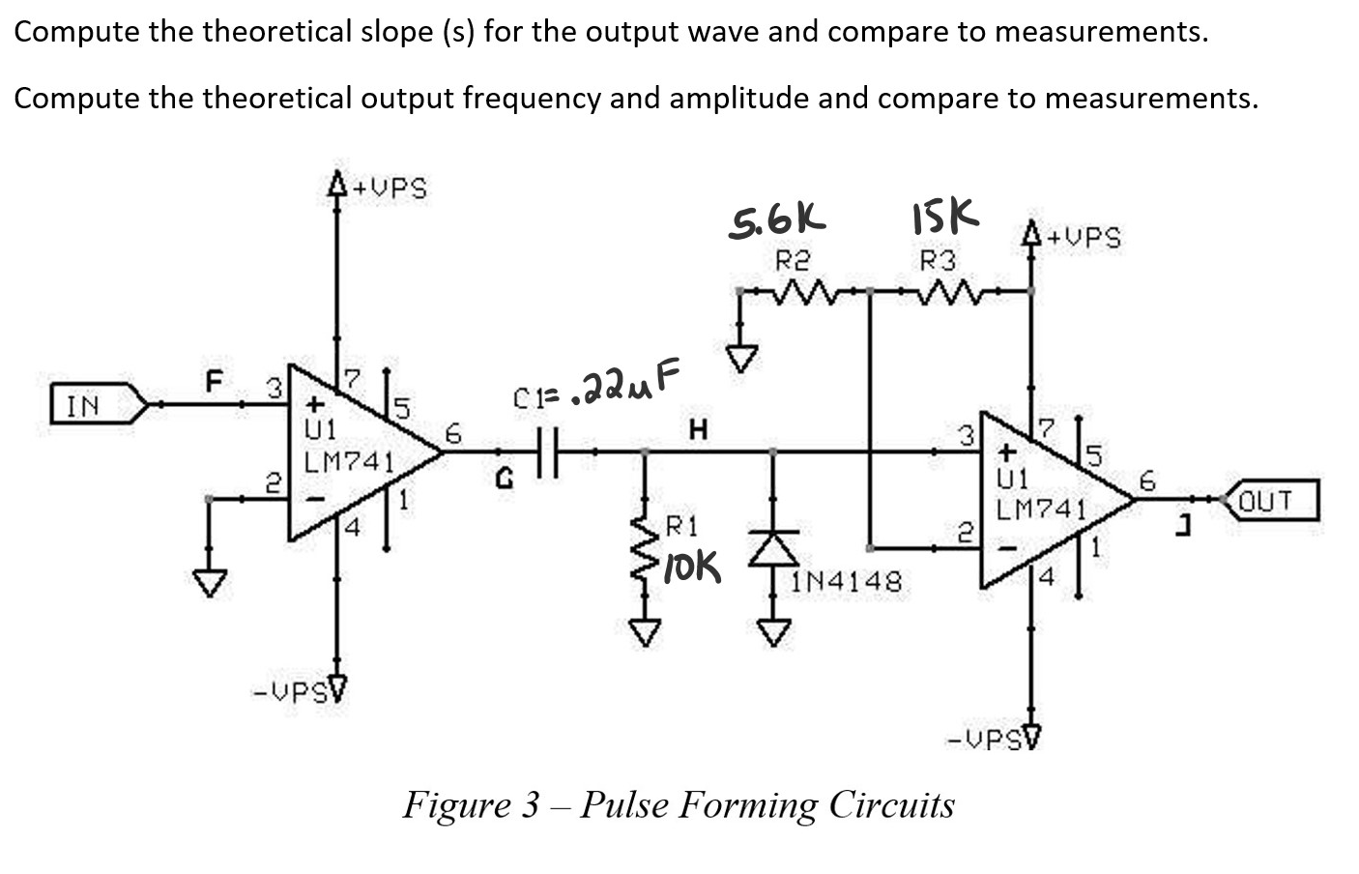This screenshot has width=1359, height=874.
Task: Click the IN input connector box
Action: pos(92,405)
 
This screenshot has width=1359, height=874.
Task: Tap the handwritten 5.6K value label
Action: pos(777,221)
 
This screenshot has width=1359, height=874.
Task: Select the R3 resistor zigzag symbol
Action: pos(951,289)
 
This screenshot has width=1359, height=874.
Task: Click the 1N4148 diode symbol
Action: pos(772,548)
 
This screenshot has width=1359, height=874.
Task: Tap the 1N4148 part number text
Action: pos(848,581)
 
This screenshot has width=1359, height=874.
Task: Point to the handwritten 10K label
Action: pos(692,569)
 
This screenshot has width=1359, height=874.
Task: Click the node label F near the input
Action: pos(213,381)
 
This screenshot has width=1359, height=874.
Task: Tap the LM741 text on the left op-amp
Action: pos(348,462)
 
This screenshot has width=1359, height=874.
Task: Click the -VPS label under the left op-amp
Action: pos(289,692)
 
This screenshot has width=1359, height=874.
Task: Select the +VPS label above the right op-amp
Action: pos(1084,237)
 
